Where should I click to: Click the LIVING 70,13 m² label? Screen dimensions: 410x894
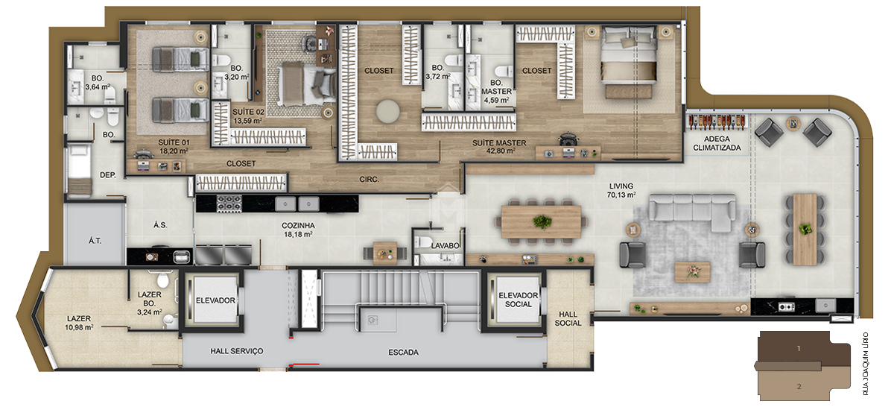click(621, 191)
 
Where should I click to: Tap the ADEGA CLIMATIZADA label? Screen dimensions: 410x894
click(717, 143)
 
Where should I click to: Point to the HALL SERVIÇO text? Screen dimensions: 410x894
click(236, 350)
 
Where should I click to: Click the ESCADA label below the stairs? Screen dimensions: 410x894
click(403, 352)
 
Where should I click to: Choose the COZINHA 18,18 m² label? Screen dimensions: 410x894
click(297, 230)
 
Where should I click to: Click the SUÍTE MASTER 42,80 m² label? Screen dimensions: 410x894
click(499, 147)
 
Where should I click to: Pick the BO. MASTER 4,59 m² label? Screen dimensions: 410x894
click(495, 91)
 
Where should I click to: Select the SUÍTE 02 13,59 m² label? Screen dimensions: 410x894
click(248, 116)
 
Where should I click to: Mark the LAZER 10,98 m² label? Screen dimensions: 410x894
click(79, 323)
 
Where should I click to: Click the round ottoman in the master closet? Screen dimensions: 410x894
click(387, 111)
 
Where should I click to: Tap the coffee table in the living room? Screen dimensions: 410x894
click(692, 271)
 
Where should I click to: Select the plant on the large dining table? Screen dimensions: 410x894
click(542, 221)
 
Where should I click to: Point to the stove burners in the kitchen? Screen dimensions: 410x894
click(229, 202)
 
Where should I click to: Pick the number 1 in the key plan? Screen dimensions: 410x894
click(798, 348)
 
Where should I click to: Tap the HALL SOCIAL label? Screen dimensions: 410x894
click(568, 318)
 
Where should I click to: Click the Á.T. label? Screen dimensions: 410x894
click(95, 241)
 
